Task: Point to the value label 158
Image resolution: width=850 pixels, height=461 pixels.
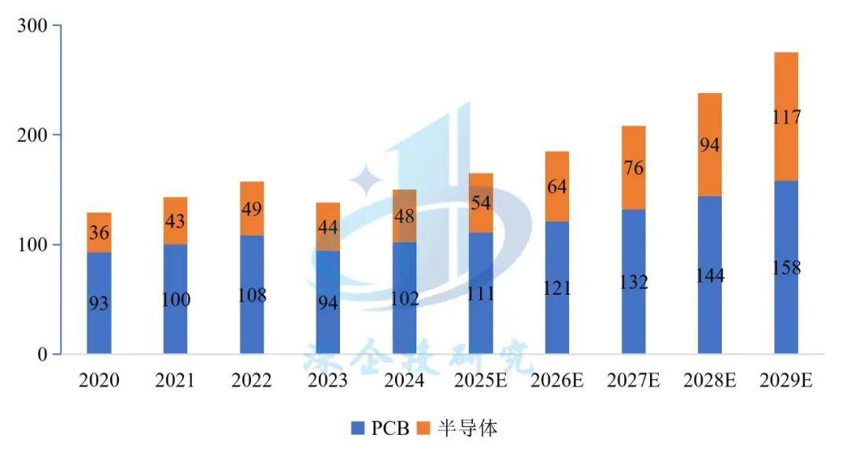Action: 786,268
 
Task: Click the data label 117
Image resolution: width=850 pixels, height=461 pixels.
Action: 786,117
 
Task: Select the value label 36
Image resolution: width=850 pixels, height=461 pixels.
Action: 99,234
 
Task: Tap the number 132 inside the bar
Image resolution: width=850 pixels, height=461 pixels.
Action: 634,282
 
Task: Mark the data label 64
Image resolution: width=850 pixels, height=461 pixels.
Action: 557,187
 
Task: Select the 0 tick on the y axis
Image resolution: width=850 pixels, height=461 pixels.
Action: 44,355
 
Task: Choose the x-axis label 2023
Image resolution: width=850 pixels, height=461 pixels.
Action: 328,381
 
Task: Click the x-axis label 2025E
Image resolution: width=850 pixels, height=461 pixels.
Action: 481,381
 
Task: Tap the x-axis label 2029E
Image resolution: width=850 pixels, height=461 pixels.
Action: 786,381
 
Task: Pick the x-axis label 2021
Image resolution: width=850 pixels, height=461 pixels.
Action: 176,381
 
